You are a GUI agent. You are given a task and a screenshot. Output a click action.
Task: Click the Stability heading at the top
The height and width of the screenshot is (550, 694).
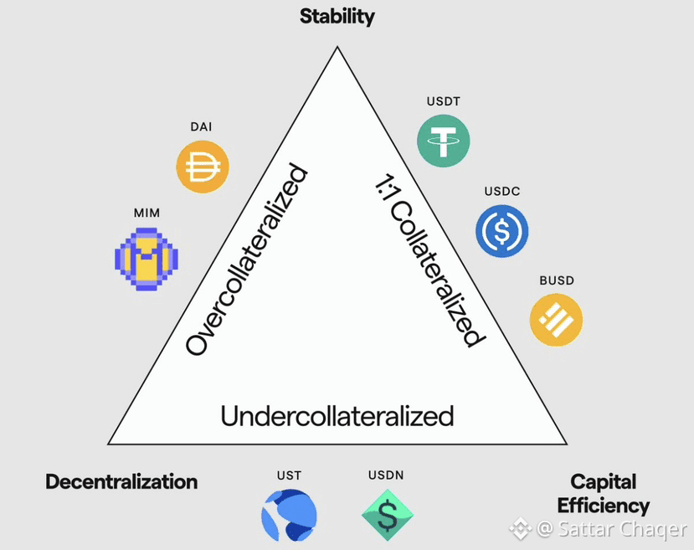tap(337, 16)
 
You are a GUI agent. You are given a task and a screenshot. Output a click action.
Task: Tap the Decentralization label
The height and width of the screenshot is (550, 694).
tap(121, 481)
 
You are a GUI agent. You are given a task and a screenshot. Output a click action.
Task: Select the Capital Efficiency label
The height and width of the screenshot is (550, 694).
tap(603, 493)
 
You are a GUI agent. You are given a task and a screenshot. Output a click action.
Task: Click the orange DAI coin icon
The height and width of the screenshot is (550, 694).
tap(203, 167)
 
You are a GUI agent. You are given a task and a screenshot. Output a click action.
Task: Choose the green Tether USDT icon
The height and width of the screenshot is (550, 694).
tap(444, 138)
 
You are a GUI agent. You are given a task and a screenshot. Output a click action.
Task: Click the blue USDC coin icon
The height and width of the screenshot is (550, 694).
tap(501, 230)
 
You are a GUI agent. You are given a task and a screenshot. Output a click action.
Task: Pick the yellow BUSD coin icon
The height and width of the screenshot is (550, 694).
tap(557, 319)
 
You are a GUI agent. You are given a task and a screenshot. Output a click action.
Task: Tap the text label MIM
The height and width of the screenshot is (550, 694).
tap(147, 213)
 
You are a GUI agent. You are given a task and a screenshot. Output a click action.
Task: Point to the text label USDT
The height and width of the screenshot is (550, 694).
tap(444, 102)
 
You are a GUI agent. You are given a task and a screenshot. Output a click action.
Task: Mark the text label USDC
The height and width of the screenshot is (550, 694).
tap(501, 192)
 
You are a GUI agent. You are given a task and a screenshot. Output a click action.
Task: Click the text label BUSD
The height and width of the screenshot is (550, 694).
tap(557, 280)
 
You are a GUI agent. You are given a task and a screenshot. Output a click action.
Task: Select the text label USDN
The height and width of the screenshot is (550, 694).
tap(386, 475)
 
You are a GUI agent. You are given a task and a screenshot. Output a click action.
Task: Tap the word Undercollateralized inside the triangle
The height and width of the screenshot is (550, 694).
tap(337, 415)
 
